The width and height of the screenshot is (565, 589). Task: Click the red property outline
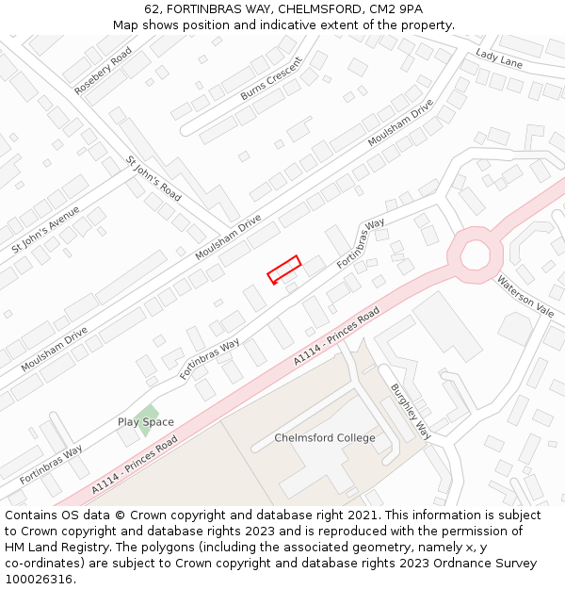(283, 269)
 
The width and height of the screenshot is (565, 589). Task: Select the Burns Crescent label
(271, 78)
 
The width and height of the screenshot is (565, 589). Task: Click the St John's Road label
(154, 177)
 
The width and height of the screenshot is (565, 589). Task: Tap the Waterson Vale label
(525, 296)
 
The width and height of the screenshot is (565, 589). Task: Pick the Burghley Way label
(411, 411)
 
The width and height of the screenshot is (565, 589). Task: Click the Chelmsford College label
(325, 438)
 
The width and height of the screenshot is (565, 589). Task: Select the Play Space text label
(145, 422)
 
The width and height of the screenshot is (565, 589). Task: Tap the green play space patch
(146, 414)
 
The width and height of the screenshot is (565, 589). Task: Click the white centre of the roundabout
(475, 254)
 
